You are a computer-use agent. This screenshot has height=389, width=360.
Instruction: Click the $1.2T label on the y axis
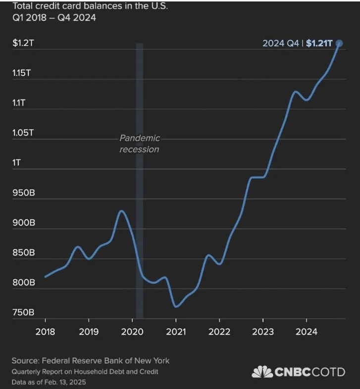(23, 43)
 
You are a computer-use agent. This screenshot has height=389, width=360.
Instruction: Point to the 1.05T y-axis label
(23, 133)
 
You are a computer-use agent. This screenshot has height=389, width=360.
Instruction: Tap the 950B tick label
(23, 193)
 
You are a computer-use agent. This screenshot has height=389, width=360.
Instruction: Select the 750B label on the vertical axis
(23, 312)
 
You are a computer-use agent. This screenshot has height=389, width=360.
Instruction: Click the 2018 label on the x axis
(45, 331)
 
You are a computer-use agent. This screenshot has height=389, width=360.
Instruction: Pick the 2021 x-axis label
(176, 331)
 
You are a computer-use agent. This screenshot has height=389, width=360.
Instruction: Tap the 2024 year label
(307, 331)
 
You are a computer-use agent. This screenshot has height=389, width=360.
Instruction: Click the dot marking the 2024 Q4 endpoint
(339, 44)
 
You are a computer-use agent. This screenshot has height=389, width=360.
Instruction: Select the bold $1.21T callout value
(319, 44)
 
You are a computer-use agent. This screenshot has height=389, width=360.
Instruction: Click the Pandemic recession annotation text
(139, 144)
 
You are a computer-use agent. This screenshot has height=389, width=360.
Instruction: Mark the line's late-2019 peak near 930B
(121, 211)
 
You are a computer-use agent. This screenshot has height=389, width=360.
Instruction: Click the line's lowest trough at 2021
(176, 306)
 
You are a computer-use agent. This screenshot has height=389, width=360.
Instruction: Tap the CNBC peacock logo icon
(262, 372)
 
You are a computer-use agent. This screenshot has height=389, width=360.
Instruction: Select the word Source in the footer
(25, 361)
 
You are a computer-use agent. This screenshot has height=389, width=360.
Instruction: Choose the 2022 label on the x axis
(219, 331)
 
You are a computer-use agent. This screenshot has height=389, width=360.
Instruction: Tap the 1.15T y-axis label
(22, 73)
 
